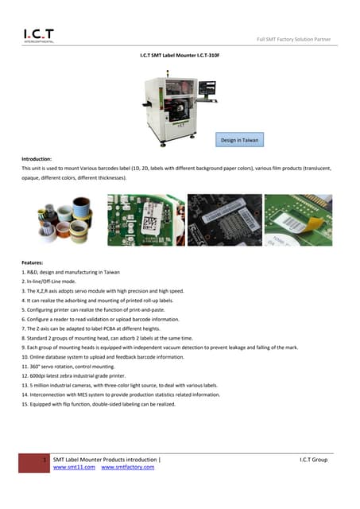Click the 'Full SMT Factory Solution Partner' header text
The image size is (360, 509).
pyautogui.click(x=293, y=40)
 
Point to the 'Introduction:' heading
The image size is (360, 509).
pyautogui.click(x=37, y=159)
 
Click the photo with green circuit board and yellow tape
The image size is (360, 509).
pyautogui.click(x=298, y=220)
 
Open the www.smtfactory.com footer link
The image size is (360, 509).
pyautogui.click(x=128, y=468)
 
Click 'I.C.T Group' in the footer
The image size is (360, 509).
pyautogui.click(x=313, y=460)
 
